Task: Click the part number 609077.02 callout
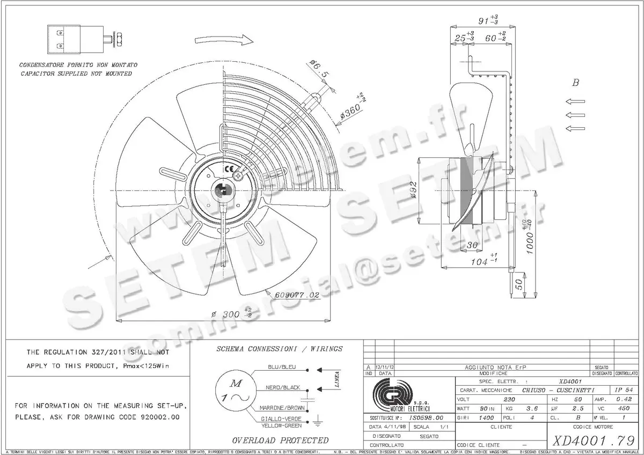tap(297, 295)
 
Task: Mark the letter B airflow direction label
tap(576, 83)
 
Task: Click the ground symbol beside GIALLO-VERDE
tap(316, 422)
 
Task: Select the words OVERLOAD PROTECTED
tap(280, 441)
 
